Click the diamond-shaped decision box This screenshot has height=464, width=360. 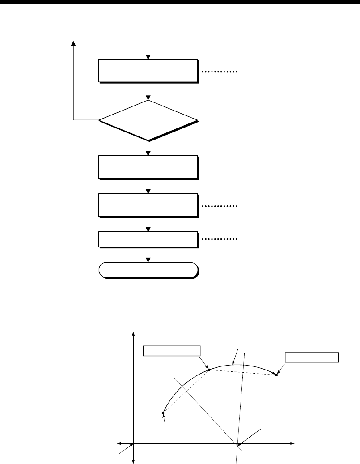click(148, 120)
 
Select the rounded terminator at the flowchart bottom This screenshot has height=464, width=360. click(148, 270)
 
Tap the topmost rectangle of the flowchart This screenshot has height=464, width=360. click(148, 70)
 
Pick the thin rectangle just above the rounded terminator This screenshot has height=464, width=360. click(148, 239)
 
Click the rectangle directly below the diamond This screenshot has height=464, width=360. click(148, 167)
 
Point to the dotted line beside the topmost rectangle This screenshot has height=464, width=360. click(220, 72)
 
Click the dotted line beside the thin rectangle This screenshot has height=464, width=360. click(220, 239)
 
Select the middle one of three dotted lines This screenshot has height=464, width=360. click(220, 206)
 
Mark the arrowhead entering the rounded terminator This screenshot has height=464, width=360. click(148, 260)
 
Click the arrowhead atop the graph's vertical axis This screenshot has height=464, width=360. click(134, 335)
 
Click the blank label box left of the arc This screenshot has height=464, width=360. click(171, 350)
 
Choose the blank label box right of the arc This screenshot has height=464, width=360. click(312, 358)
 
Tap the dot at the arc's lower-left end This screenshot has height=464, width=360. click(163, 413)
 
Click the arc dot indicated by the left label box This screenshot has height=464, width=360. click(209, 370)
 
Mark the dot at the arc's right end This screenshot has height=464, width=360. click(276, 375)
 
